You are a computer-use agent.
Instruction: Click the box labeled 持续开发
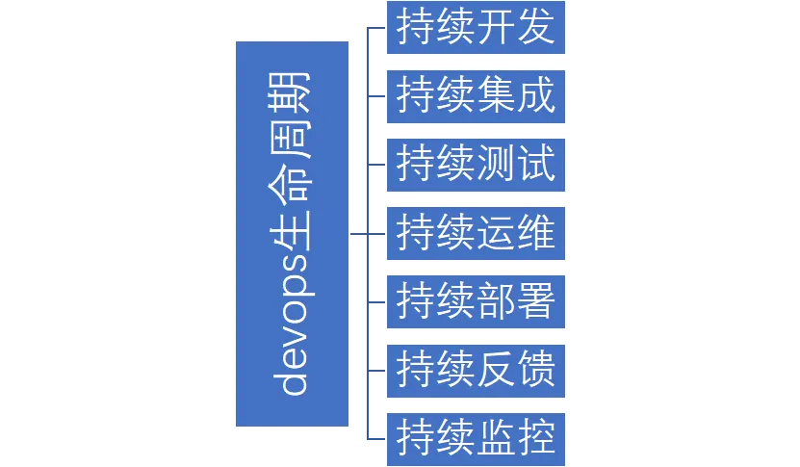[476, 28]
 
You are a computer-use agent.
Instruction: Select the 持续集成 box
[476, 96]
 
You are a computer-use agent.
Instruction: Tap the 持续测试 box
[476, 165]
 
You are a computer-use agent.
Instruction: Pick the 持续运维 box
[476, 233]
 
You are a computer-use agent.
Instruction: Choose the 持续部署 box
[476, 301]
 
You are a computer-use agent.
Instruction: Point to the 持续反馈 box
[476, 370]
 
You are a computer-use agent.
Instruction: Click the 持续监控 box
[476, 438]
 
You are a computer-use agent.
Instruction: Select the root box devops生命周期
[292, 234]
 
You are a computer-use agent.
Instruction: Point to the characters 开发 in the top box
[517, 28]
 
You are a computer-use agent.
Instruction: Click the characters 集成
[517, 96]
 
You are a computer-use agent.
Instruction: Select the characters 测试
[517, 165]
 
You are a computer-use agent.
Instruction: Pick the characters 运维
[517, 233]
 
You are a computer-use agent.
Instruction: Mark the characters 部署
[517, 301]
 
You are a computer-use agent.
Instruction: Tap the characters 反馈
[517, 370]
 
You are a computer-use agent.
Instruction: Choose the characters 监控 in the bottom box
[517, 438]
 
